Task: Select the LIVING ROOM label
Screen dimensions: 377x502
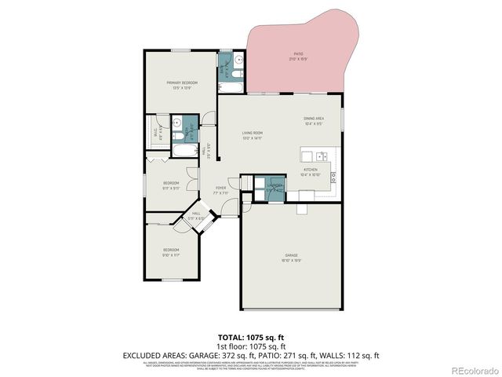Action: click(252, 134)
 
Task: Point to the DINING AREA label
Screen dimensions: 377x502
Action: click(314, 119)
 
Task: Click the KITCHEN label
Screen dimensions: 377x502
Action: click(311, 170)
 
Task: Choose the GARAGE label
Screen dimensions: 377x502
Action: click(291, 256)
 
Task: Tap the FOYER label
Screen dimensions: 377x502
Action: click(220, 188)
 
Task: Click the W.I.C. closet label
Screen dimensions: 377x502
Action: click(155, 133)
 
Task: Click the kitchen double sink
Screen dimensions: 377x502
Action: click(315, 155)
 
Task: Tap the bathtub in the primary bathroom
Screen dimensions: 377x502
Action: click(186, 150)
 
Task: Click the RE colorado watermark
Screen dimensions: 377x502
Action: click(471, 370)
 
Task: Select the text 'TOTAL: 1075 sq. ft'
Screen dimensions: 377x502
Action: click(251, 336)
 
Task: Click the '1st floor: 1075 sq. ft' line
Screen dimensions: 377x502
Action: click(251, 346)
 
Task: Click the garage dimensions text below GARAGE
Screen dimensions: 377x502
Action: click(291, 261)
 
